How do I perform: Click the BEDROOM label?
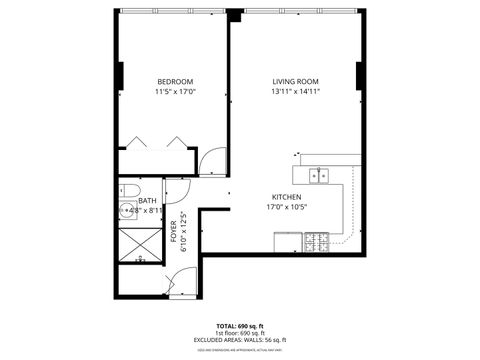[175, 81]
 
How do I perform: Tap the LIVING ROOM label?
[295, 81]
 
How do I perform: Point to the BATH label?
[147, 200]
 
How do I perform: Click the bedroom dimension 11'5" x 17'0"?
[175, 92]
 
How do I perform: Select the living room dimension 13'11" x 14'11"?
[295, 92]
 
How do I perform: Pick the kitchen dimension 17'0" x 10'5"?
[289, 208]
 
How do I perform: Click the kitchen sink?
[319, 176]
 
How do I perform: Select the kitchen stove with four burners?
[318, 241]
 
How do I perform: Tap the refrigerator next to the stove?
[288, 241]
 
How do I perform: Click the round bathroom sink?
[128, 210]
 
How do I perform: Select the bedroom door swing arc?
[213, 160]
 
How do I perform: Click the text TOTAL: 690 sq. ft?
[240, 326]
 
